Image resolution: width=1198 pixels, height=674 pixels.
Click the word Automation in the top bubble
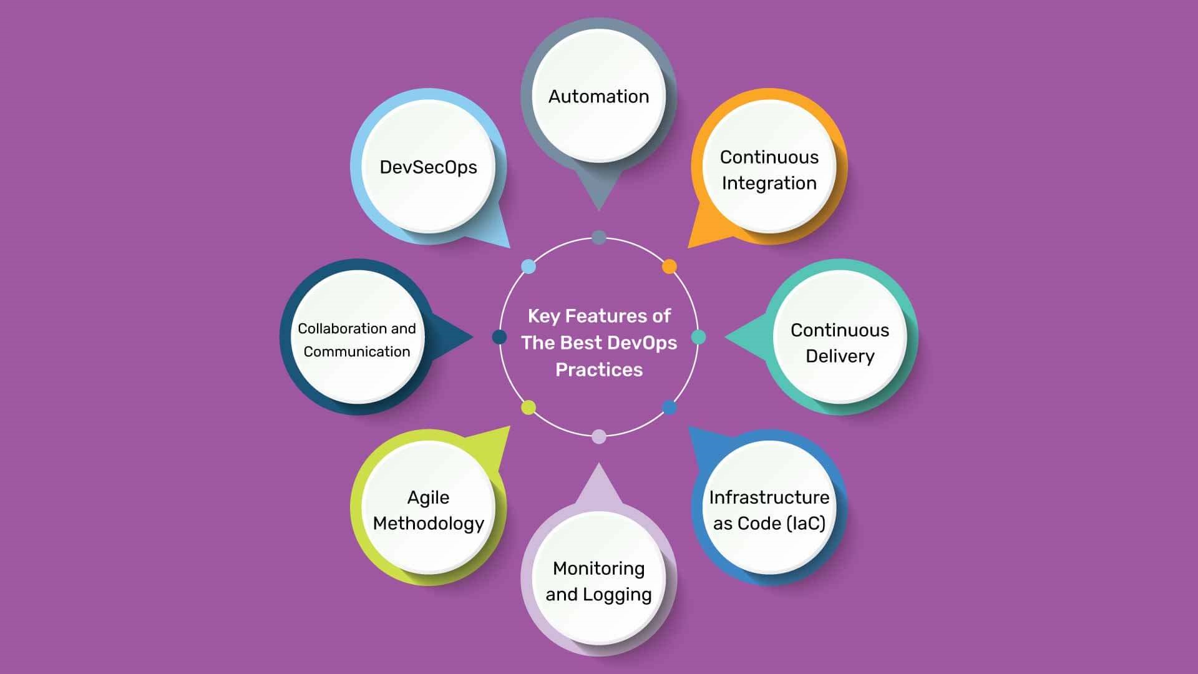(x=598, y=97)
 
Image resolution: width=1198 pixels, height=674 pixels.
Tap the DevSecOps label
(x=428, y=167)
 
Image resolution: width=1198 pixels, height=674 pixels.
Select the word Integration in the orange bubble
(x=769, y=183)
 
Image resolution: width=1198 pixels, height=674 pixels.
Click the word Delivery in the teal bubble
(x=840, y=356)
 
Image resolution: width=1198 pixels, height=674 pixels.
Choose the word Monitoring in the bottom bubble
(x=598, y=569)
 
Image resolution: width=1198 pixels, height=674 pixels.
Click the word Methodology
(x=428, y=524)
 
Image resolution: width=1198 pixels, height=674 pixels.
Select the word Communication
(x=356, y=352)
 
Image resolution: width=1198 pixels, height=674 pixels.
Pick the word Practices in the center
(x=598, y=370)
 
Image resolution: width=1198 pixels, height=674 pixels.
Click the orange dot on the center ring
(x=669, y=266)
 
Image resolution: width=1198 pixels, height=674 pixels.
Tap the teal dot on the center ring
(x=699, y=337)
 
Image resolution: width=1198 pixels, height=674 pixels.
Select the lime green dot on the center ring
(x=528, y=408)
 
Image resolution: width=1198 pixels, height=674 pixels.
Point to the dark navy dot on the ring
(x=499, y=337)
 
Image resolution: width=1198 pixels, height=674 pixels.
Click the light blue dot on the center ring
(x=528, y=266)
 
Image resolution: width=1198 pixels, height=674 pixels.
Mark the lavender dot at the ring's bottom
(x=598, y=437)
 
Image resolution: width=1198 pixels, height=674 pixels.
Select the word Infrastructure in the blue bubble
(x=769, y=497)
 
